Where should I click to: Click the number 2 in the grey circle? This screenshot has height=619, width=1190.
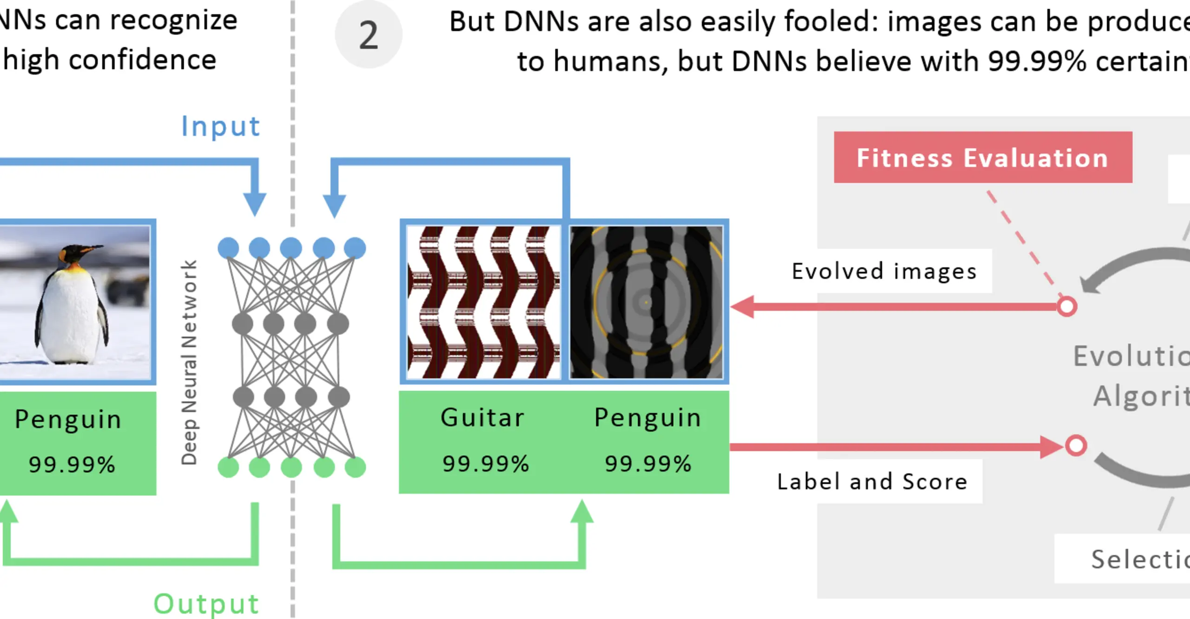(368, 35)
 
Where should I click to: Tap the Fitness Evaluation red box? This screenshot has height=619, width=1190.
(983, 158)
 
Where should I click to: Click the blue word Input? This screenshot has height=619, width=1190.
(220, 126)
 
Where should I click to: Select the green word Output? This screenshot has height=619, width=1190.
(206, 604)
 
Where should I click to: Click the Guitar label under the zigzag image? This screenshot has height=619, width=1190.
(483, 417)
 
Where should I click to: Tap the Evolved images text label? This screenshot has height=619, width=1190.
(884, 271)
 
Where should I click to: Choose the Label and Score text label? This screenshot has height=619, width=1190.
(873, 481)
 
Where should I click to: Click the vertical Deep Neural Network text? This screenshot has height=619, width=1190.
(189, 362)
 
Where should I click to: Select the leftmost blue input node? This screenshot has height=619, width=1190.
(228, 248)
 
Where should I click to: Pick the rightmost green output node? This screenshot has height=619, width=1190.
(355, 467)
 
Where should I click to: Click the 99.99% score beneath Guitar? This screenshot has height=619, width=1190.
(486, 464)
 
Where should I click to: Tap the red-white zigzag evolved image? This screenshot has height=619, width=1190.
(483, 302)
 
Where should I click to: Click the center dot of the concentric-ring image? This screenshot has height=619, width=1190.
(646, 303)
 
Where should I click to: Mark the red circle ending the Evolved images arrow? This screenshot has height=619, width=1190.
(1067, 307)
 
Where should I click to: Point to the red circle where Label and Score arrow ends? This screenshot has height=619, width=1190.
(1076, 445)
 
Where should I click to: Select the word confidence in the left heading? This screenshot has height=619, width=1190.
(143, 60)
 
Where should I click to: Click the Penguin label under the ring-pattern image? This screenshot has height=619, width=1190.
(648, 417)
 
